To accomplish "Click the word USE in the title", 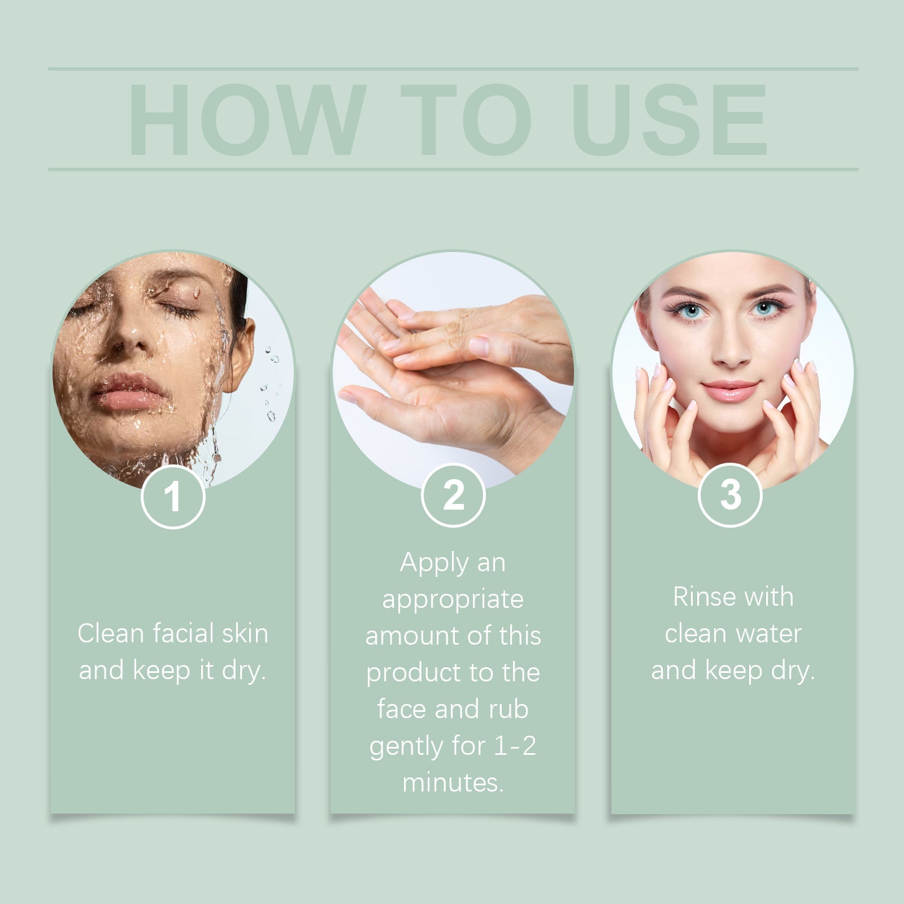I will point(670,120).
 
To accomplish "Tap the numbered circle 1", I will point(173,497).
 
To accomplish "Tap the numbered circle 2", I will point(453,496).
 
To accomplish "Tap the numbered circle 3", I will point(730,495).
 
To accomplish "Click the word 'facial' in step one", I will point(182,633).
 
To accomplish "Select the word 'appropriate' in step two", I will point(453,599).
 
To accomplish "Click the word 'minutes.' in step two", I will point(453,783).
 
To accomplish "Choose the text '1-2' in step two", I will point(515,746).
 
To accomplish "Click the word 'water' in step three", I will point(769,634).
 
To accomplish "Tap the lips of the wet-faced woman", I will point(128,392).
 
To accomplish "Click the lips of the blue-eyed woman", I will point(729,390).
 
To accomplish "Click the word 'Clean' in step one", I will point(110,633).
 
